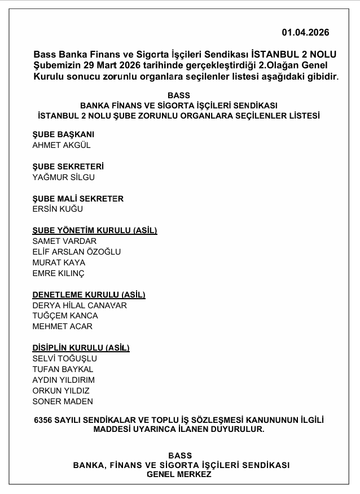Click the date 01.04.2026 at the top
tap(305, 32)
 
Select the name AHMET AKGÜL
tap(62, 145)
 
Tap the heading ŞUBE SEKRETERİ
tap(68, 167)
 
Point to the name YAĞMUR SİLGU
tap(64, 177)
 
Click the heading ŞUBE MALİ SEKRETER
tap(78, 199)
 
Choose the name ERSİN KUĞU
tap(58, 209)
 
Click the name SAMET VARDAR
tap(64, 241)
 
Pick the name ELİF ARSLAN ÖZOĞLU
tap(77, 252)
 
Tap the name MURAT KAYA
tap(59, 263)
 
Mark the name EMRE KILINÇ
tap(58, 273)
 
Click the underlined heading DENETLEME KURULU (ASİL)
tap(89, 295)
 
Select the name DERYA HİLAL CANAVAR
tap(80, 305)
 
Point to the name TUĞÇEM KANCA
tap(65, 316)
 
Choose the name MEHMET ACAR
tap(62, 326)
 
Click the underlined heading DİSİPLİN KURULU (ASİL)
tap(81, 348)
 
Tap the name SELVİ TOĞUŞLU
tap(65, 359)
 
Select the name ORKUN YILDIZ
tap(61, 391)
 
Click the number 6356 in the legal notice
tap(44, 420)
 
